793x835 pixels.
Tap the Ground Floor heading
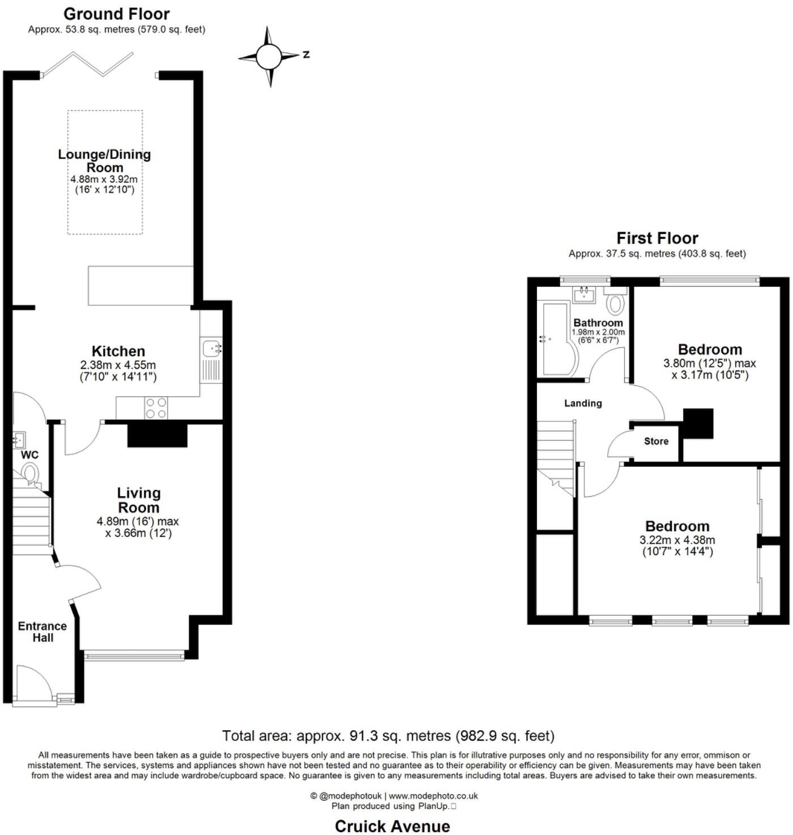pyautogui.click(x=116, y=14)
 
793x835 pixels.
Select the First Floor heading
pyautogui.click(x=657, y=238)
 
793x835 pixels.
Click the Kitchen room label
pyautogui.click(x=118, y=351)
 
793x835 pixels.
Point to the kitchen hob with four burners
pyautogui.click(x=156, y=408)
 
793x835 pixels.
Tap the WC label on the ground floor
pyautogui.click(x=29, y=455)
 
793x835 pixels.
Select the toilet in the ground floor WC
pyautogui.click(x=30, y=473)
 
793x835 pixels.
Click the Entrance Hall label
pyautogui.click(x=42, y=632)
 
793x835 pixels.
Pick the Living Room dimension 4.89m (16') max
pyautogui.click(x=138, y=521)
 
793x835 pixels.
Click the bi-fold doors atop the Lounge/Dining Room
pyautogui.click(x=88, y=64)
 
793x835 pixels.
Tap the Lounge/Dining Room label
pyautogui.click(x=105, y=161)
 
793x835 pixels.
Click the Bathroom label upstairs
pyautogui.click(x=598, y=323)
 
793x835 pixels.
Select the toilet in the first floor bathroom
pyautogui.click(x=615, y=303)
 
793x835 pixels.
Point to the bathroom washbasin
pyautogui.click(x=583, y=295)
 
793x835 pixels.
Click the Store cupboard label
pyautogui.click(x=656, y=441)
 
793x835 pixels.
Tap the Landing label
pyautogui.click(x=583, y=403)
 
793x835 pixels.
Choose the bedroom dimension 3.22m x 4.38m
pyautogui.click(x=677, y=540)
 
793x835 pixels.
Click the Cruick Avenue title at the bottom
pyautogui.click(x=392, y=826)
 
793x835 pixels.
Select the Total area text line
pyautogui.click(x=388, y=736)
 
